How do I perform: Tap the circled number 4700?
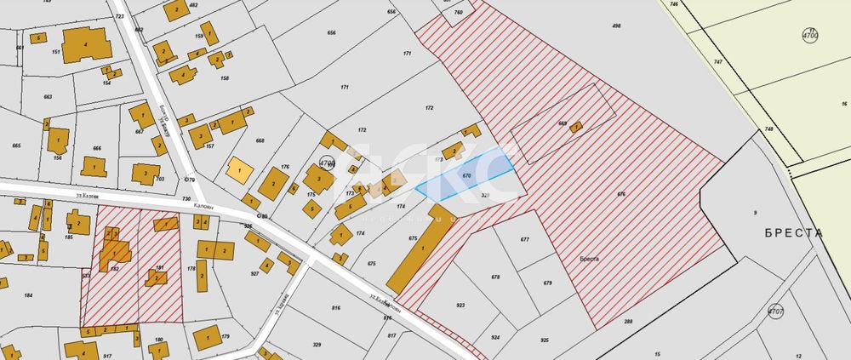pyautogui.click(x=809, y=36)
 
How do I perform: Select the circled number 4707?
pyautogui.click(x=774, y=312)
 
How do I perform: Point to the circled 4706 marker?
pyautogui.click(x=327, y=163)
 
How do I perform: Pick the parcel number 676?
pyautogui.click(x=621, y=195)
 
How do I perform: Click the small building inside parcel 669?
pyautogui.click(x=576, y=128)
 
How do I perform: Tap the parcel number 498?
pyautogui.click(x=616, y=26)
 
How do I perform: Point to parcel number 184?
pyautogui.click(x=28, y=295)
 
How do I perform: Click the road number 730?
pyautogui.click(x=186, y=198)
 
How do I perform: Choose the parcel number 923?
pyautogui.click(x=461, y=305)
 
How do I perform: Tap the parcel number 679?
pyautogui.click(x=547, y=283)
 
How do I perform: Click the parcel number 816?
pyautogui.click(x=336, y=308)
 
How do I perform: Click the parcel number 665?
pyautogui.click(x=16, y=146)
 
